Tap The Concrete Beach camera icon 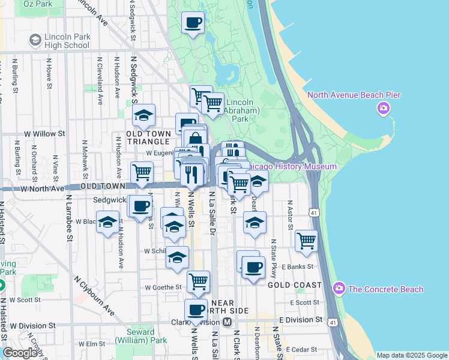pos(340,289)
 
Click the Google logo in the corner pos(20,353)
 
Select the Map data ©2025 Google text pos(412,355)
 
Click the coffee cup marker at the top pos(193,23)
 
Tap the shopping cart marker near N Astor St pos(306,241)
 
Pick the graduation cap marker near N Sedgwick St pos(144,115)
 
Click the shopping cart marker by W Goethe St pos(198,280)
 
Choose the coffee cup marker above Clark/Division pos(196,310)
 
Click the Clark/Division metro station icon pos(228,322)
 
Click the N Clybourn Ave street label pos(95,295)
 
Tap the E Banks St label pos(300,266)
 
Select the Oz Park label pos(37,4)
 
